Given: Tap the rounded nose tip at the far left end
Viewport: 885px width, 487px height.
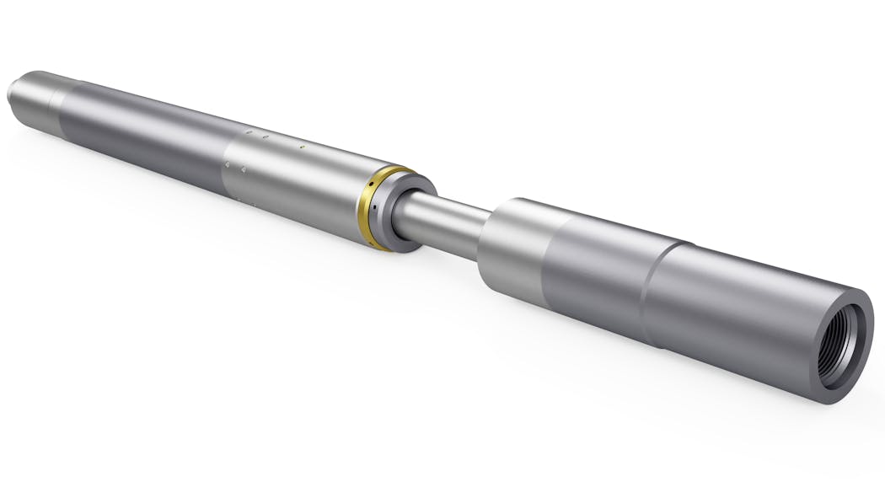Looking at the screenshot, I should click(15, 88).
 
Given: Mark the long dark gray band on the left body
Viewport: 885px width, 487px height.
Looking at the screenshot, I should click(143, 135).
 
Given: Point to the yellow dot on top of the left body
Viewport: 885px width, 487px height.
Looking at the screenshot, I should click(302, 146).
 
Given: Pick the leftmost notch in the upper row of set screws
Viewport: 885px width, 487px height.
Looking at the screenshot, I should click(248, 132).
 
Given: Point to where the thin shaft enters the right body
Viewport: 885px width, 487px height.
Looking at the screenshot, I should click(486, 227).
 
